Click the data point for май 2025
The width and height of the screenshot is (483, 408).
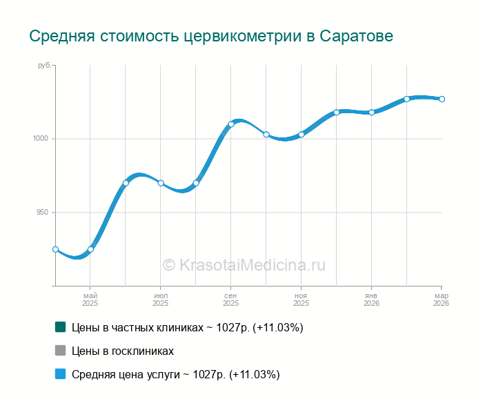pos(90,249)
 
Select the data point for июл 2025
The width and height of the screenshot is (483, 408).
pos(161,183)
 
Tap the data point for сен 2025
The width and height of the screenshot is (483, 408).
pos(231,124)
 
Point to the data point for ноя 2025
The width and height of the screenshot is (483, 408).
pos(302,135)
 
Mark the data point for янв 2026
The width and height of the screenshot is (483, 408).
pos(371,112)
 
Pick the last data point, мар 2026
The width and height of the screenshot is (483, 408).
pos(442,99)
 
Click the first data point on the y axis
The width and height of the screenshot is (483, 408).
pos(55,249)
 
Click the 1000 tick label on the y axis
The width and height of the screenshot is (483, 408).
pos(41,139)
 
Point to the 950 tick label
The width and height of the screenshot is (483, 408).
pos(43,213)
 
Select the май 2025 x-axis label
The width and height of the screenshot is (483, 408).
pos(90,299)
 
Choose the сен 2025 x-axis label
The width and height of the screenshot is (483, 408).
pos(231,299)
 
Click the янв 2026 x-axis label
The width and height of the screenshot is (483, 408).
pos(371,299)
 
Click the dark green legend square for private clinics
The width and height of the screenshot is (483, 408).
pos(61,327)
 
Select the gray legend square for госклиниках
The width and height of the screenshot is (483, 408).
pos(61,351)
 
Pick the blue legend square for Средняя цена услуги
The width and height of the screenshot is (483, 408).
pos(61,374)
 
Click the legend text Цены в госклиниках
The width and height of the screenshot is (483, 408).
pos(123,351)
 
